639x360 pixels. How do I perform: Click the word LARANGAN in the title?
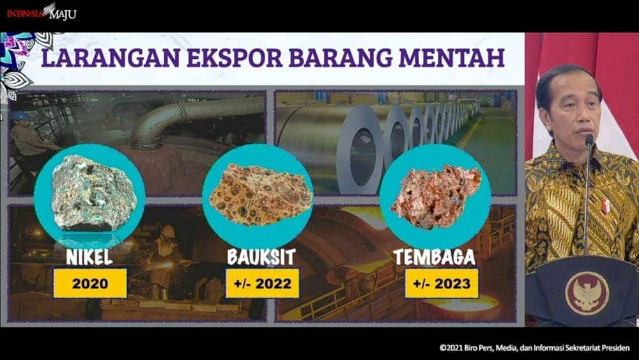111,58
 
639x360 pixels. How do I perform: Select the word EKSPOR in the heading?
235,58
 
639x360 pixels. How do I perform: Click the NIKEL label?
89,257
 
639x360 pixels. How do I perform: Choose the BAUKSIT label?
261,257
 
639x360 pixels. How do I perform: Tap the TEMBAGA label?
435,257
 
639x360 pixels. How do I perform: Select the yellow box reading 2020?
90,283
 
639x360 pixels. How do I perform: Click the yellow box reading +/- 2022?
263,283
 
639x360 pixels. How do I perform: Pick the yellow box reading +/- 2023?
442,283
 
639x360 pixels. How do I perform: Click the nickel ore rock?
95,192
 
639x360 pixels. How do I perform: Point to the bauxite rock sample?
261,195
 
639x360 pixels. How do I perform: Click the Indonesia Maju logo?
41,13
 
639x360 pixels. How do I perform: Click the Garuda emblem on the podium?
587,293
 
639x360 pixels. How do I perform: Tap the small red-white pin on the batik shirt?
606,207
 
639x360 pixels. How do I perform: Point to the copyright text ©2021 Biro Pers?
535,348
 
